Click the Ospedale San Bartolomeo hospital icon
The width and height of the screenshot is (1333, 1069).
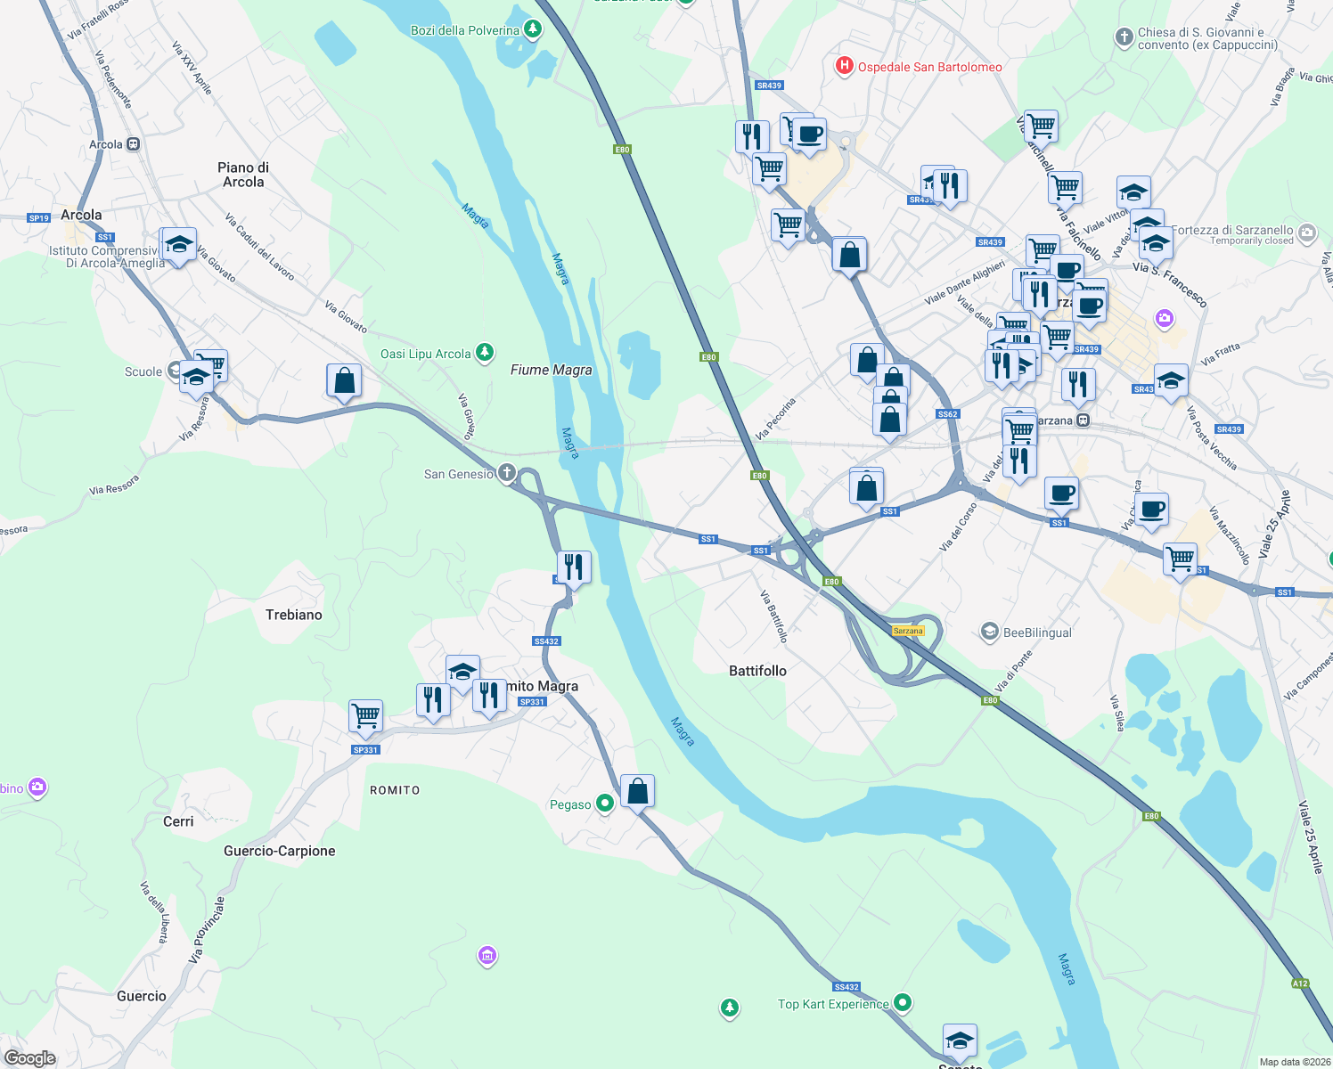[x=843, y=66]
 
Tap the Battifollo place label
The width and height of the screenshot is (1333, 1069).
[x=757, y=671]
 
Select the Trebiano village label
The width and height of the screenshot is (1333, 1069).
[x=293, y=615]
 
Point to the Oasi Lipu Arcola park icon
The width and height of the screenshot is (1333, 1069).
[x=485, y=354]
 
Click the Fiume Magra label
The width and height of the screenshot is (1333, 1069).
[x=551, y=370]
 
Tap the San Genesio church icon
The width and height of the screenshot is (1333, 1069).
[x=507, y=473]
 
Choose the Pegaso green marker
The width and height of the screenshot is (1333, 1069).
[x=605, y=804]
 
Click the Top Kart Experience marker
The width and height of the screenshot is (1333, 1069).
[x=903, y=1003]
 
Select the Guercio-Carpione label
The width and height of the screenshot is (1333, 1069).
[x=279, y=851]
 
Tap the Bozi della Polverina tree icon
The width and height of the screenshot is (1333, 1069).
[x=533, y=29]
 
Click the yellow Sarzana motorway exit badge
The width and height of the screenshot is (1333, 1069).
[x=908, y=631]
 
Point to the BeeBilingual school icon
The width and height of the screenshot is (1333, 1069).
[x=989, y=632]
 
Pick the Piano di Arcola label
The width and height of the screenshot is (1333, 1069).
[x=243, y=175]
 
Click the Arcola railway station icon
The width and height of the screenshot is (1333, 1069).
[x=133, y=144]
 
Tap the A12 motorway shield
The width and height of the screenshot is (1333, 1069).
[x=1300, y=983]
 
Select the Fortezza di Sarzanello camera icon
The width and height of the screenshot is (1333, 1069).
[x=1307, y=233]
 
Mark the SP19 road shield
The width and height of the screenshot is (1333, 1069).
[x=38, y=217]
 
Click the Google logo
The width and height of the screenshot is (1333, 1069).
[x=29, y=1057]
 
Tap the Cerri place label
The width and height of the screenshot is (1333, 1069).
[x=178, y=821]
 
